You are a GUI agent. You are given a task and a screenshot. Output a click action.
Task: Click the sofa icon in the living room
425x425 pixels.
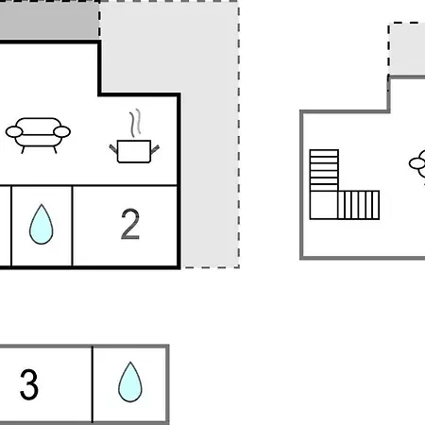(x=38, y=135)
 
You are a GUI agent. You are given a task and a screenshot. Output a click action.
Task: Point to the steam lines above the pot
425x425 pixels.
(x=135, y=123)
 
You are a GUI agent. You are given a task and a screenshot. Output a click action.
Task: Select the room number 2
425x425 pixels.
(x=130, y=225)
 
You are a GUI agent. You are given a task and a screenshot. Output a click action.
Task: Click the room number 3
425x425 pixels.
(x=29, y=384)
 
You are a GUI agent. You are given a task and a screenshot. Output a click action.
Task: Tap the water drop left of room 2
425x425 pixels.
(x=42, y=225)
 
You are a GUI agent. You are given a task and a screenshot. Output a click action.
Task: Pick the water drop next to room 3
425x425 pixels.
(x=130, y=382)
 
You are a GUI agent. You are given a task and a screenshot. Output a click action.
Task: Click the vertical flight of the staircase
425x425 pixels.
(x=324, y=170)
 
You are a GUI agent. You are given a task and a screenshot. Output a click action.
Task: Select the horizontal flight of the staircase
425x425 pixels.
(x=359, y=205)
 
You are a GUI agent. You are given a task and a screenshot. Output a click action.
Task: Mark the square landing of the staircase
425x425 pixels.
(x=324, y=205)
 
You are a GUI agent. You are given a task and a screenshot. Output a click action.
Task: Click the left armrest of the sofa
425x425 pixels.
(x=14, y=132)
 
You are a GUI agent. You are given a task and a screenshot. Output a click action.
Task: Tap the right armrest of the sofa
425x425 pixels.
(x=62, y=132)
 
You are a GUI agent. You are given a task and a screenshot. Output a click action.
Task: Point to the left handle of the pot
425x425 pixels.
(x=113, y=148)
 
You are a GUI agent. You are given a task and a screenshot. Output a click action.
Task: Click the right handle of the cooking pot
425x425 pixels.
(x=155, y=149)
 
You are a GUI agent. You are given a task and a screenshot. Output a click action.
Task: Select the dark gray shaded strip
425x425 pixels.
(x=50, y=20)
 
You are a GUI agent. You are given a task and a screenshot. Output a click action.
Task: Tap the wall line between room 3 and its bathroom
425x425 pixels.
(x=93, y=384)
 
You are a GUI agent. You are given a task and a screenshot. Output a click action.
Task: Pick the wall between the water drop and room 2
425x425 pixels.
(x=73, y=226)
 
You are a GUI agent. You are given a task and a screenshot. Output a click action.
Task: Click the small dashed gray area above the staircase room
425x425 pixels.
(x=407, y=49)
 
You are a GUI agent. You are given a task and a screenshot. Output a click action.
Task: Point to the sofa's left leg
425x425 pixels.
(x=23, y=150)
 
